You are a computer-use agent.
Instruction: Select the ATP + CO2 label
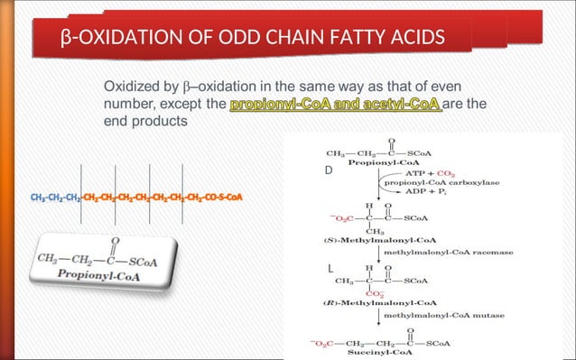point(435,171)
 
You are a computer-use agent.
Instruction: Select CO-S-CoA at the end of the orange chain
point(222,197)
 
